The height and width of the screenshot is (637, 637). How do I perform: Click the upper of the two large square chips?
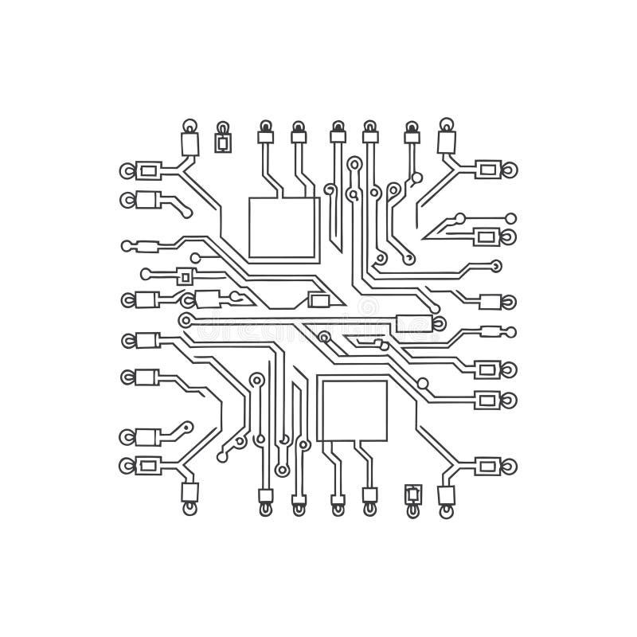[283, 227]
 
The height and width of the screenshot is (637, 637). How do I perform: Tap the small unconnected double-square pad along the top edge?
[224, 143]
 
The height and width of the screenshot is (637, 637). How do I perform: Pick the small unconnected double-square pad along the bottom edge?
[412, 494]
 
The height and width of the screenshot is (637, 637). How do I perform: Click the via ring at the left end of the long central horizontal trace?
[186, 320]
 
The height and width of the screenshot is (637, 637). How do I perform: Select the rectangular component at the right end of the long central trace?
[412, 322]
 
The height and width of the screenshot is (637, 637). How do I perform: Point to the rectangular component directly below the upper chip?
[319, 300]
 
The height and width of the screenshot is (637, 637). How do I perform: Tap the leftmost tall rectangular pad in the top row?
[190, 144]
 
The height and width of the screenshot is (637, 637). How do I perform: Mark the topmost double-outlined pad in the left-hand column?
[149, 170]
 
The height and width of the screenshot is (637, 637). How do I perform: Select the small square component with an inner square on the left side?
[186, 276]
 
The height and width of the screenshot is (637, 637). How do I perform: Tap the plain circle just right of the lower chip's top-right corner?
[422, 384]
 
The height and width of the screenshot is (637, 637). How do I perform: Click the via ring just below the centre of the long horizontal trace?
[323, 337]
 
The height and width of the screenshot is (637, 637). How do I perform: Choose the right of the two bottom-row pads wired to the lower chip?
[369, 495]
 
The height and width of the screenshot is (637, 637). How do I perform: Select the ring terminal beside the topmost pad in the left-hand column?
[126, 170]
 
